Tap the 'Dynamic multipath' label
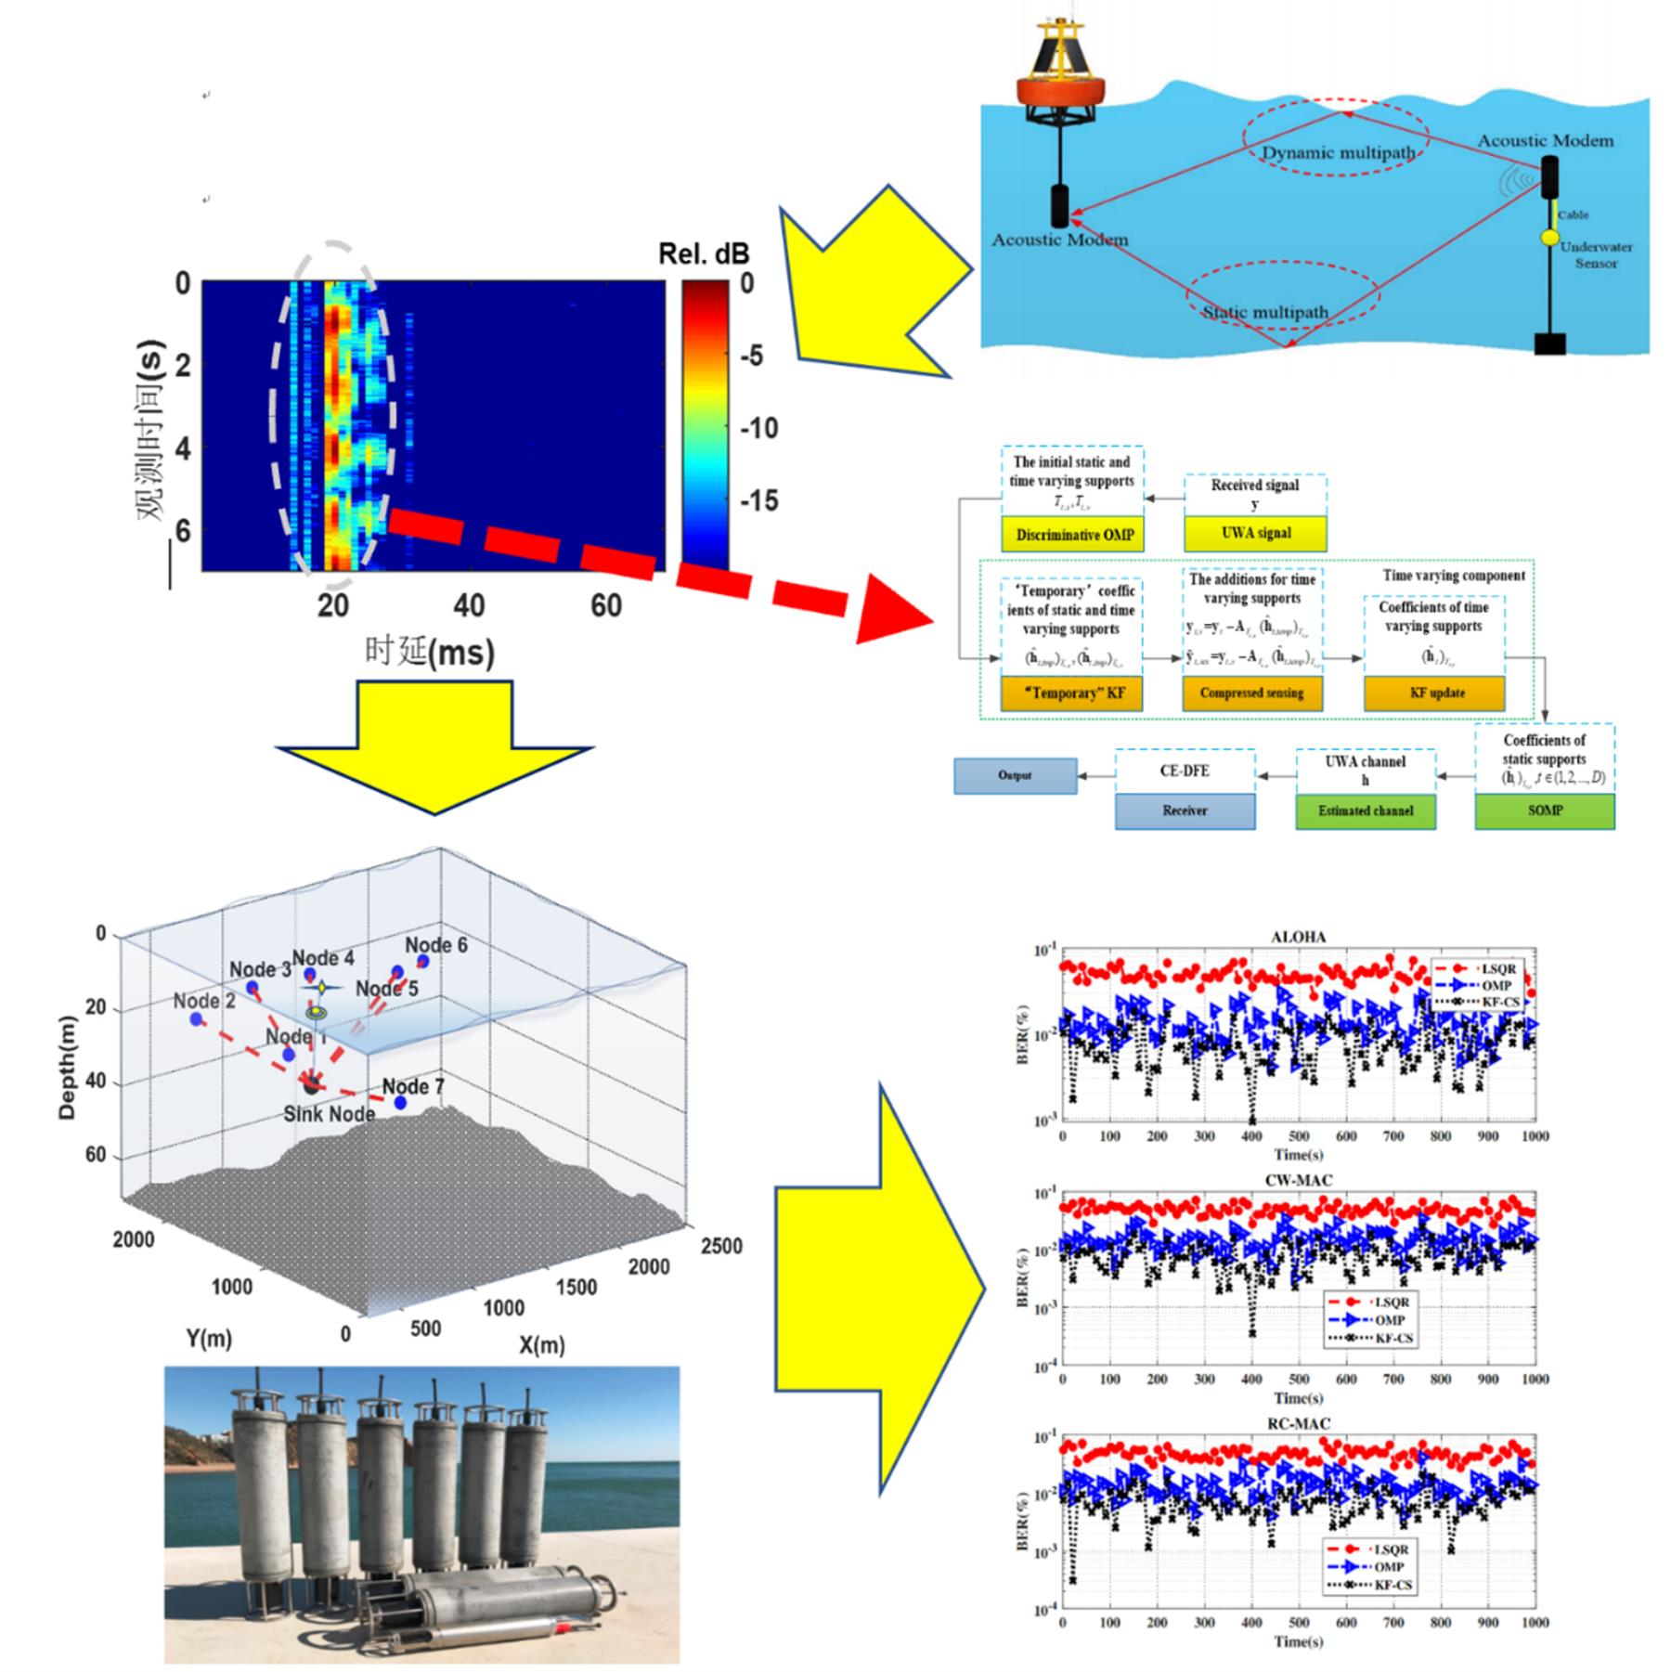point(1338,153)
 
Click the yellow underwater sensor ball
point(1549,238)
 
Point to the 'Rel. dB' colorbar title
point(703,253)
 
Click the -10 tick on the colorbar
point(758,429)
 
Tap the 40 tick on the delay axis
point(469,606)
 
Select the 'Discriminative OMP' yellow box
point(1072,535)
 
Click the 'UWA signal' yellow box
point(1255,534)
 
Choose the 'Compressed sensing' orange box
point(1251,693)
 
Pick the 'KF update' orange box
point(1435,693)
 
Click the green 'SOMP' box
point(1545,810)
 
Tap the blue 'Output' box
point(1015,775)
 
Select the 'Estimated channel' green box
point(1366,810)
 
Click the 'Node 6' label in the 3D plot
point(435,945)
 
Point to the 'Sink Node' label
point(329,1114)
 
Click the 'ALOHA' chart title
point(1298,937)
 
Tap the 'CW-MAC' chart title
point(1298,1181)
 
